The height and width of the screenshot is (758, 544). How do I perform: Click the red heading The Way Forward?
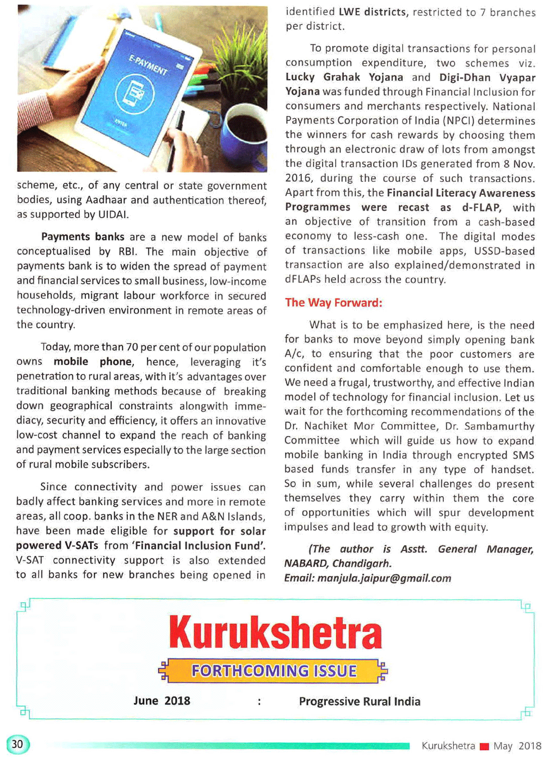coord(333,303)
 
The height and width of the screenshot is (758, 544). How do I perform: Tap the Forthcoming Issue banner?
coord(274,671)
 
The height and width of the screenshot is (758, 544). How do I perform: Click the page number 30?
coord(17,744)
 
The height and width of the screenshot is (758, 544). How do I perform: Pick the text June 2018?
coord(162,701)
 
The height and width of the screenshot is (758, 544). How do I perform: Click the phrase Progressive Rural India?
coord(360,701)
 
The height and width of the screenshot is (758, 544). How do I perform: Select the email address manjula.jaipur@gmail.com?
coord(384,578)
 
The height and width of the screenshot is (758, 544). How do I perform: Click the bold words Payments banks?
coord(83,237)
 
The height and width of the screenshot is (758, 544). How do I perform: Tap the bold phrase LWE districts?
coord(373,12)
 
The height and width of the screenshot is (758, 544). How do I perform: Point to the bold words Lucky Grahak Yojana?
coord(344,77)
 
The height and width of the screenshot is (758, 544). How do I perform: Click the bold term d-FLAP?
coord(481,207)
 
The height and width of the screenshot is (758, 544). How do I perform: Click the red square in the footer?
coord(484,747)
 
